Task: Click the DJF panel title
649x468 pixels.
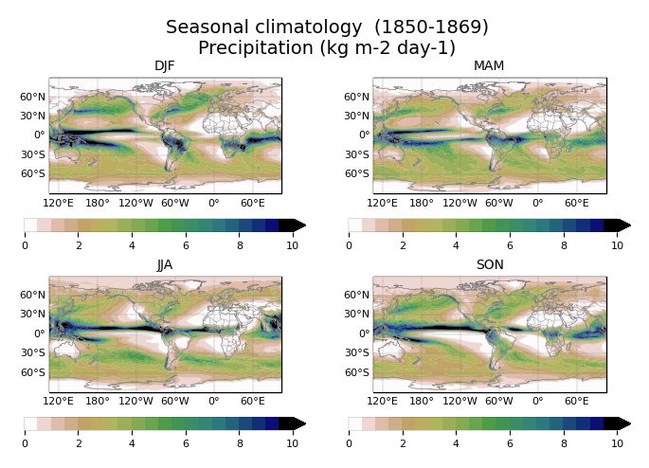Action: coord(165,65)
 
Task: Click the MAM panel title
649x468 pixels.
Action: coord(489,65)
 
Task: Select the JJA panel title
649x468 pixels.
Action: coord(165,264)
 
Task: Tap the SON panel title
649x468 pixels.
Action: coord(489,264)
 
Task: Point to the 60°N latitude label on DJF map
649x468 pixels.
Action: coord(33,97)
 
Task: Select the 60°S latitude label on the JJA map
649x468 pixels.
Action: coord(33,372)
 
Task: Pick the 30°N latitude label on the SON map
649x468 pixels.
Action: coord(357,315)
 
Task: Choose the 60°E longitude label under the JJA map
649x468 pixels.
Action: coord(253,402)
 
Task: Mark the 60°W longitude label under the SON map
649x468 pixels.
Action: coord(499,402)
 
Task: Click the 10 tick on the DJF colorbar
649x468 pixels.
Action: coord(292,245)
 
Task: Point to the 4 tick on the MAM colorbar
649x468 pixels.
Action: coord(456,245)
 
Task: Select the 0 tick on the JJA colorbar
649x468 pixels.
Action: coord(25,444)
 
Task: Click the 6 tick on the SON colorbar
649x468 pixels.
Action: coord(510,444)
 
